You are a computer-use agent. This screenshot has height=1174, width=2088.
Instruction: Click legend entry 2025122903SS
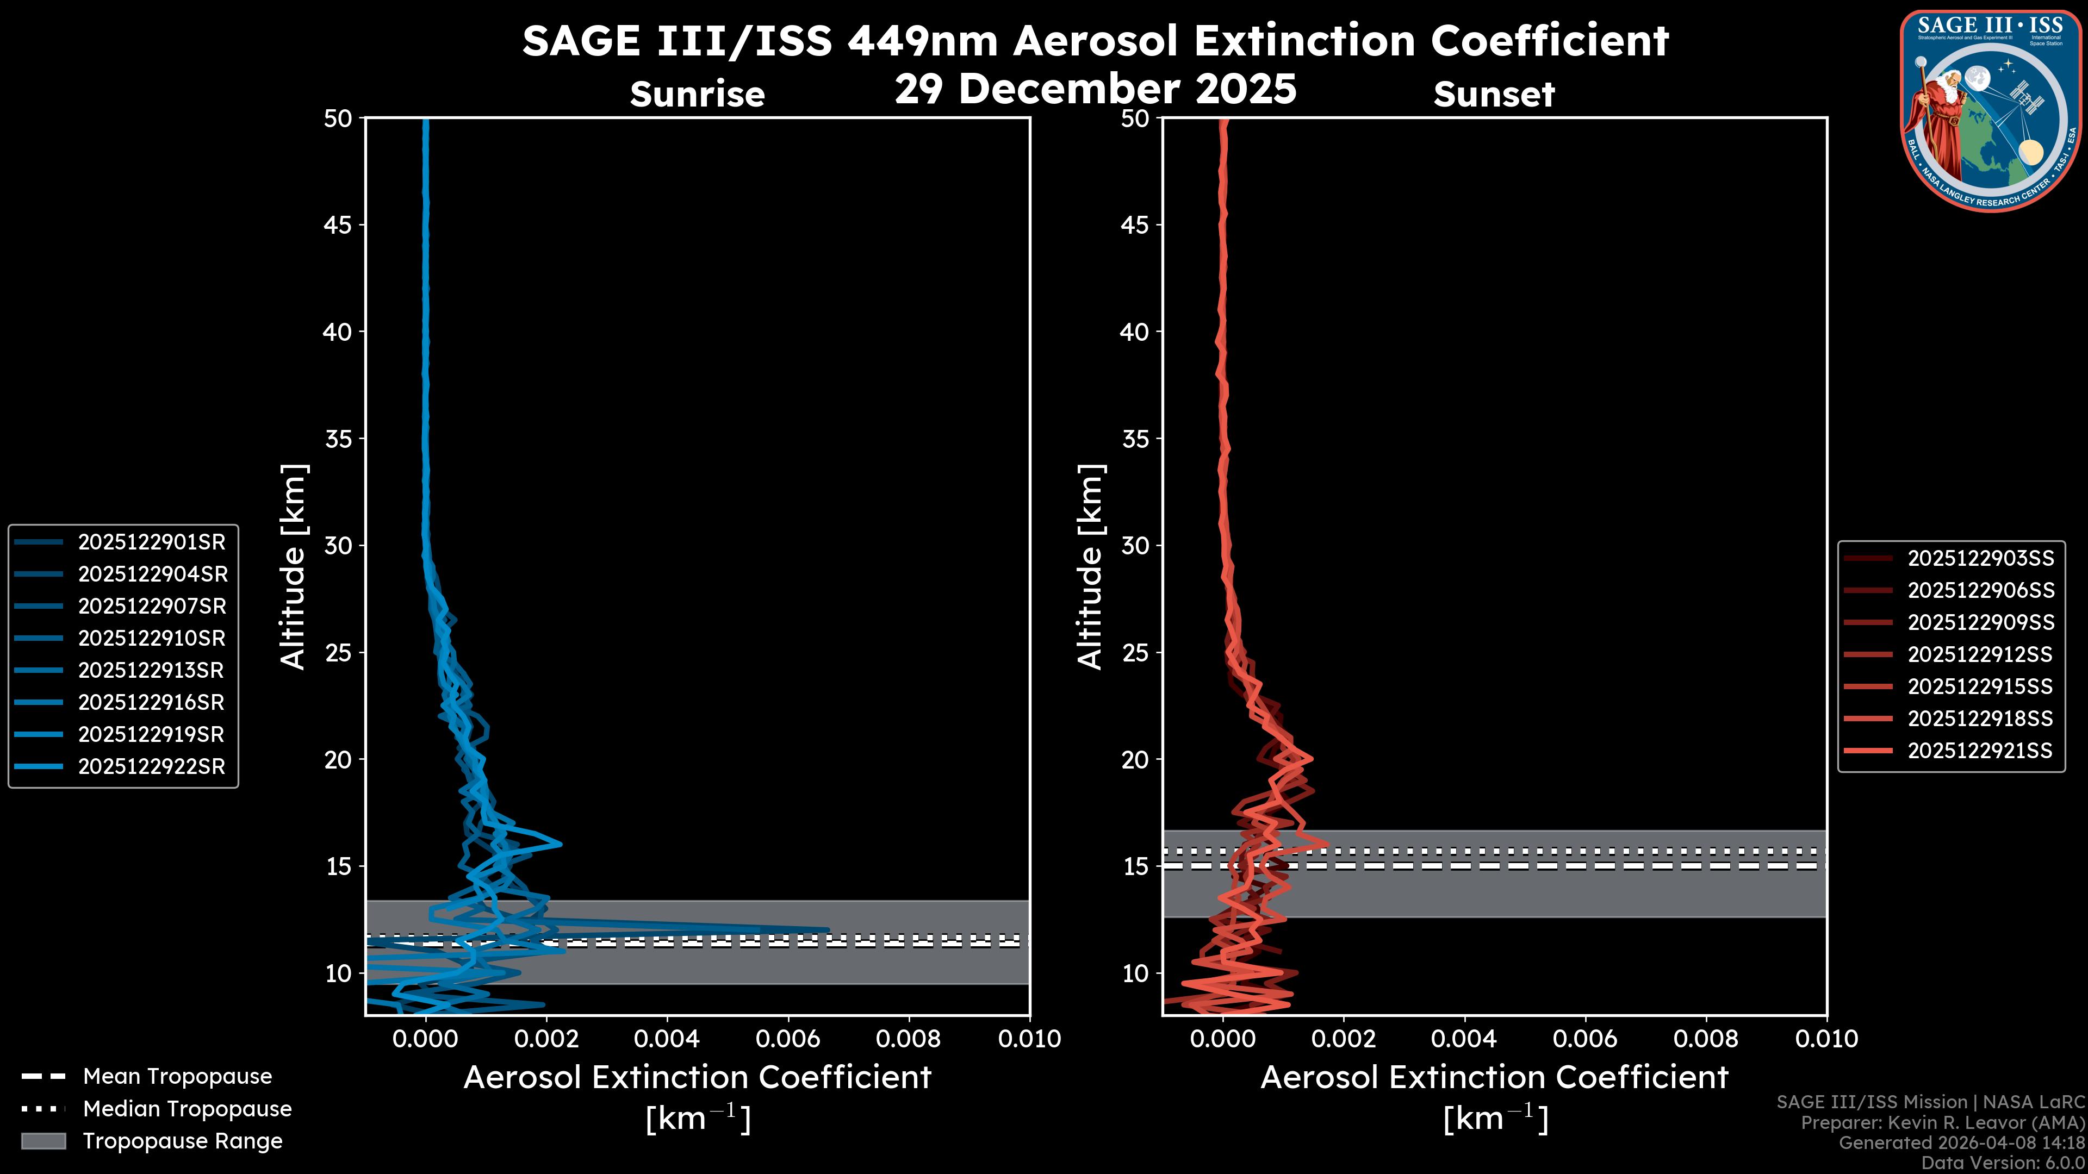click(x=1980, y=558)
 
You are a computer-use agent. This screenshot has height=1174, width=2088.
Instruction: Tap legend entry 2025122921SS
click(x=1980, y=751)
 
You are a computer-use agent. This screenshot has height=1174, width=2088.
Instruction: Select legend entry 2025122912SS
click(x=1980, y=654)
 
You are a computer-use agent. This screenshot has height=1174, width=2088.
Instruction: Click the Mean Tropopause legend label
click(x=177, y=1076)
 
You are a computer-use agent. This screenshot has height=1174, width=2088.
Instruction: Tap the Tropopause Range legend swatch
click(x=43, y=1141)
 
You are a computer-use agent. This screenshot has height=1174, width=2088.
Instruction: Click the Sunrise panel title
click(x=697, y=95)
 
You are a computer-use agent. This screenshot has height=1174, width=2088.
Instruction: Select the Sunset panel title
click(x=1494, y=95)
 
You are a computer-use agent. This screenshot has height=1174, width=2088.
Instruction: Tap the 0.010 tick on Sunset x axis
click(x=1826, y=1039)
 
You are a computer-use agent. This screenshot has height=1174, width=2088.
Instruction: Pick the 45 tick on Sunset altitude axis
click(x=1135, y=224)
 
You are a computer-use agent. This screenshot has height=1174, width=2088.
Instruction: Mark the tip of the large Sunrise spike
click(x=828, y=930)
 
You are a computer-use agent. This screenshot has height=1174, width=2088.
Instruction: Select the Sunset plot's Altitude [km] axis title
click(x=1090, y=567)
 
